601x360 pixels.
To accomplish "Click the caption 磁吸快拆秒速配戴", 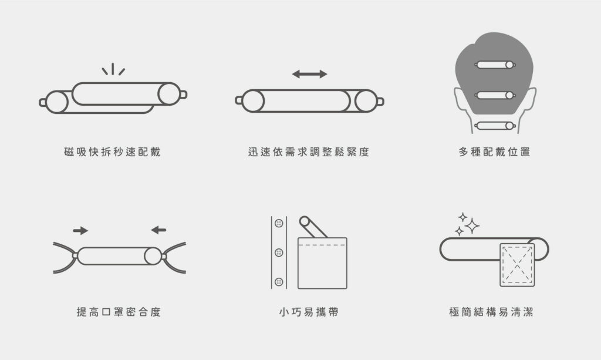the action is [112, 152].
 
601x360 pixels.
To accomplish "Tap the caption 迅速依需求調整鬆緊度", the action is [309, 152].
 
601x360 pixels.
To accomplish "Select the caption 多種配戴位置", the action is [494, 152].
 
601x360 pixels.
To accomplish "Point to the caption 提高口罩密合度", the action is [119, 312].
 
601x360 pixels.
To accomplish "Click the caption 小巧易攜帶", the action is [309, 312].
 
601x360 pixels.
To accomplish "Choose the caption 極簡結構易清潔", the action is [491, 312].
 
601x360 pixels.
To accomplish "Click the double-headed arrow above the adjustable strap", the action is [310, 74].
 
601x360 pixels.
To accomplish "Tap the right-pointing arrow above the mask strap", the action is [80, 230].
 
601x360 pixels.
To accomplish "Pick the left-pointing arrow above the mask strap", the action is [158, 230].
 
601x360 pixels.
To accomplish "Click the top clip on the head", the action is [495, 65].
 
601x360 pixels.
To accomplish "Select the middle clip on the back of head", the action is [495, 95].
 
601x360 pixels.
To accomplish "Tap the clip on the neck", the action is [495, 125].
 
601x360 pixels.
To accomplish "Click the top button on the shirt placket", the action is [279, 223].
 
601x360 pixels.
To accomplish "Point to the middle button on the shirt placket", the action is [279, 253].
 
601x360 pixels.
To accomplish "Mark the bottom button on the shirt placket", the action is [279, 282].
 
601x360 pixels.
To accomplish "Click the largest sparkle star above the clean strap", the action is [472, 226].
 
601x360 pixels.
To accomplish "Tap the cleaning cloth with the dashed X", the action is [517, 264].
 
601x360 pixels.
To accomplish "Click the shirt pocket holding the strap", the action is [322, 263].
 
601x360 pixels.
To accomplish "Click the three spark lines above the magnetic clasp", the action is [113, 69].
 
